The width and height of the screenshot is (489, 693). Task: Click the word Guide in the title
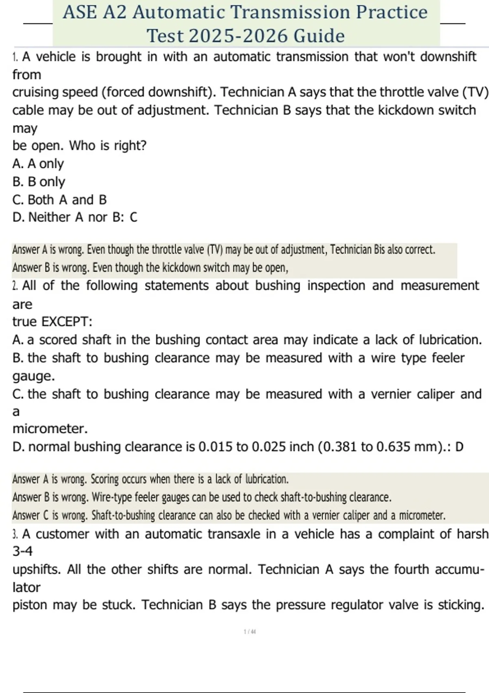click(x=319, y=36)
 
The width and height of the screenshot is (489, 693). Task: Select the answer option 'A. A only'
click(x=38, y=164)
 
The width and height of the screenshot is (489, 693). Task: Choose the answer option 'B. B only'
click(x=39, y=182)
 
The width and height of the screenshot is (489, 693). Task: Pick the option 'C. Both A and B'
click(x=59, y=200)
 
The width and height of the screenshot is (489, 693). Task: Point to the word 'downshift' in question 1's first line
click(x=448, y=57)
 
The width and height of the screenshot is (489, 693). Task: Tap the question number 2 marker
click(x=15, y=286)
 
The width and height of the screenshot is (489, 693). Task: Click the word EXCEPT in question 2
click(x=67, y=322)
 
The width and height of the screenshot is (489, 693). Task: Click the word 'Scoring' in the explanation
click(x=104, y=479)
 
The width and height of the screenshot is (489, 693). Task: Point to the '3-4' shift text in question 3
click(x=22, y=552)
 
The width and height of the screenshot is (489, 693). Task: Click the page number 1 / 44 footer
click(x=250, y=632)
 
